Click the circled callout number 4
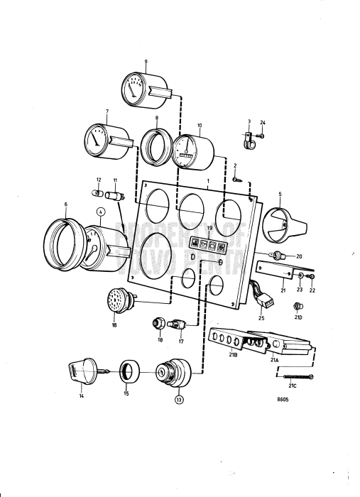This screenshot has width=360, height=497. pyautogui.click(x=100, y=211)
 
